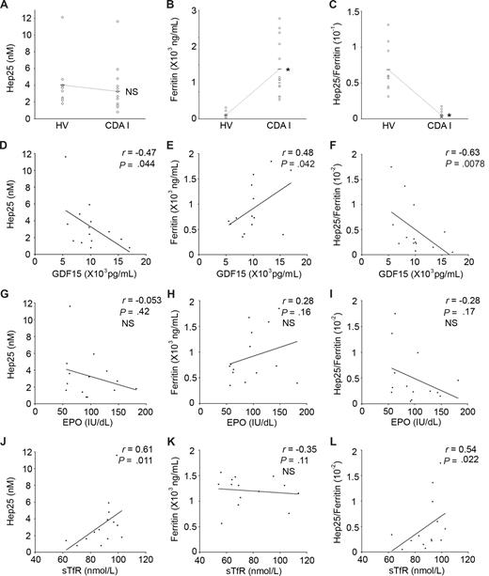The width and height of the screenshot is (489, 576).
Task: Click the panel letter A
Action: [7, 7]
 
